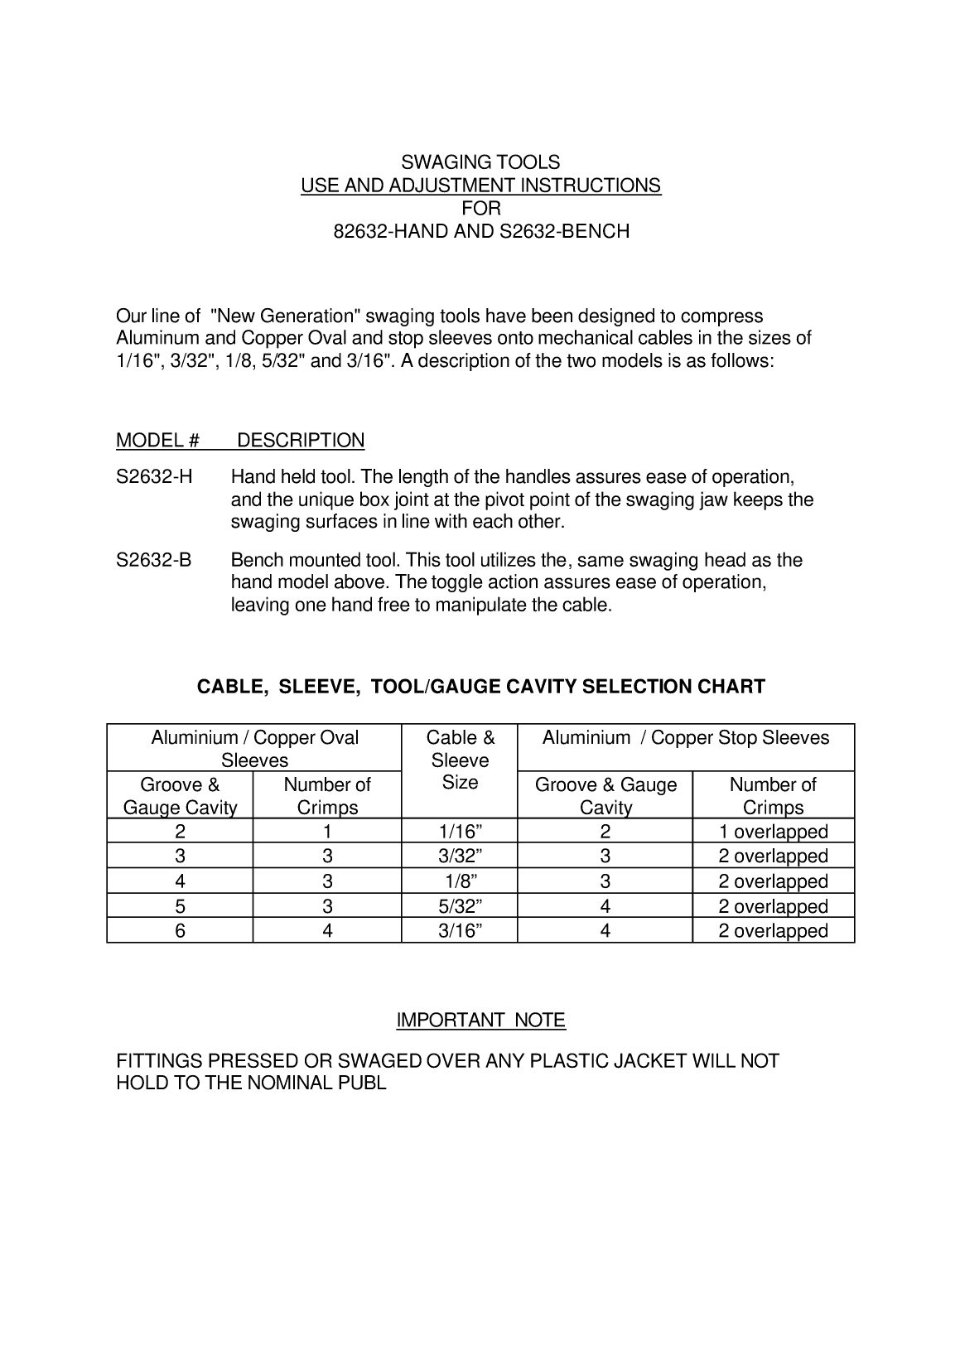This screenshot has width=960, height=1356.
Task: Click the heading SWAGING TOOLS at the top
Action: tap(480, 162)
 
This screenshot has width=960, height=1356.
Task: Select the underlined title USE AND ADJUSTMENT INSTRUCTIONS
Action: tap(480, 185)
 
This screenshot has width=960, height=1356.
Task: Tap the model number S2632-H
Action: tap(154, 477)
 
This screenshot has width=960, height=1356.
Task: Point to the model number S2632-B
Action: tap(154, 560)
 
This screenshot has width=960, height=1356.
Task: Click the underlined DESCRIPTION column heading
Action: tap(301, 441)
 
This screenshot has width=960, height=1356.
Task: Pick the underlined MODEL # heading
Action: tap(157, 441)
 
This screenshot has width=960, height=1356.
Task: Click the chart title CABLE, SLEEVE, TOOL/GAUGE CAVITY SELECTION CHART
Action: tap(480, 687)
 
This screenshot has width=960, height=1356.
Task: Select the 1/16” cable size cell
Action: tap(460, 832)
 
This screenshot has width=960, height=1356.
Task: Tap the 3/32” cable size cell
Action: tap(460, 857)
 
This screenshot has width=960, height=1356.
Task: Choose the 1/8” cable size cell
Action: tap(460, 881)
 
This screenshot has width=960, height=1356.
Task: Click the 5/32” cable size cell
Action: tap(460, 906)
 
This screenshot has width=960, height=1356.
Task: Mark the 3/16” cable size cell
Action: tap(460, 931)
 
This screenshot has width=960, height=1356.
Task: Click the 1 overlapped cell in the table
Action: tap(773, 832)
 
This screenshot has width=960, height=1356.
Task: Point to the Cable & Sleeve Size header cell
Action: tap(460, 760)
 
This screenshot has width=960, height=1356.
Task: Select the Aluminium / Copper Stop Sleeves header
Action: tap(686, 738)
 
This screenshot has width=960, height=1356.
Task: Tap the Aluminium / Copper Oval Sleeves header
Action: tap(254, 749)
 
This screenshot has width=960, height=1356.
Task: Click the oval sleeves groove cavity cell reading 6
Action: tap(180, 931)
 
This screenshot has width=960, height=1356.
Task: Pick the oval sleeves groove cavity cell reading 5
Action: tap(180, 906)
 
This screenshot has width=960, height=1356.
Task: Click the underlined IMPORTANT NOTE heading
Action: tap(480, 1021)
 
